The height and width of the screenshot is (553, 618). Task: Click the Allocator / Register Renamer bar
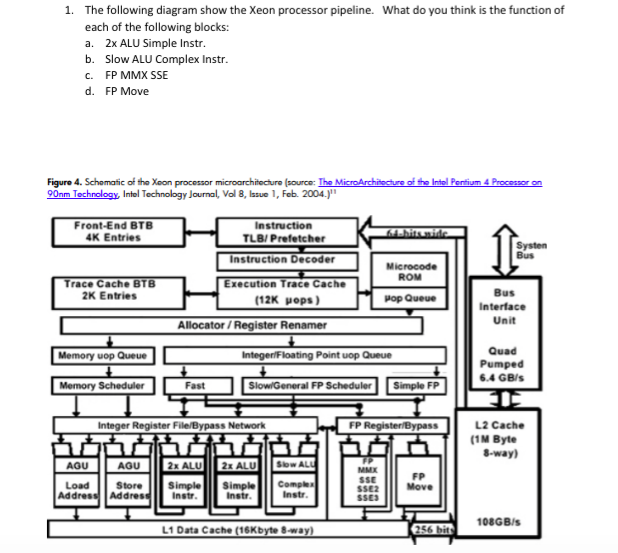tap(252, 325)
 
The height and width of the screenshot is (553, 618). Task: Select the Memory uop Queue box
tap(103, 356)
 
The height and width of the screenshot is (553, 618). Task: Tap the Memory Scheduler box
tap(103, 385)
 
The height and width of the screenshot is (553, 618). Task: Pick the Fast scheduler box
tap(196, 385)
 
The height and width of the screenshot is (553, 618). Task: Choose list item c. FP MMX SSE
tap(136, 75)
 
